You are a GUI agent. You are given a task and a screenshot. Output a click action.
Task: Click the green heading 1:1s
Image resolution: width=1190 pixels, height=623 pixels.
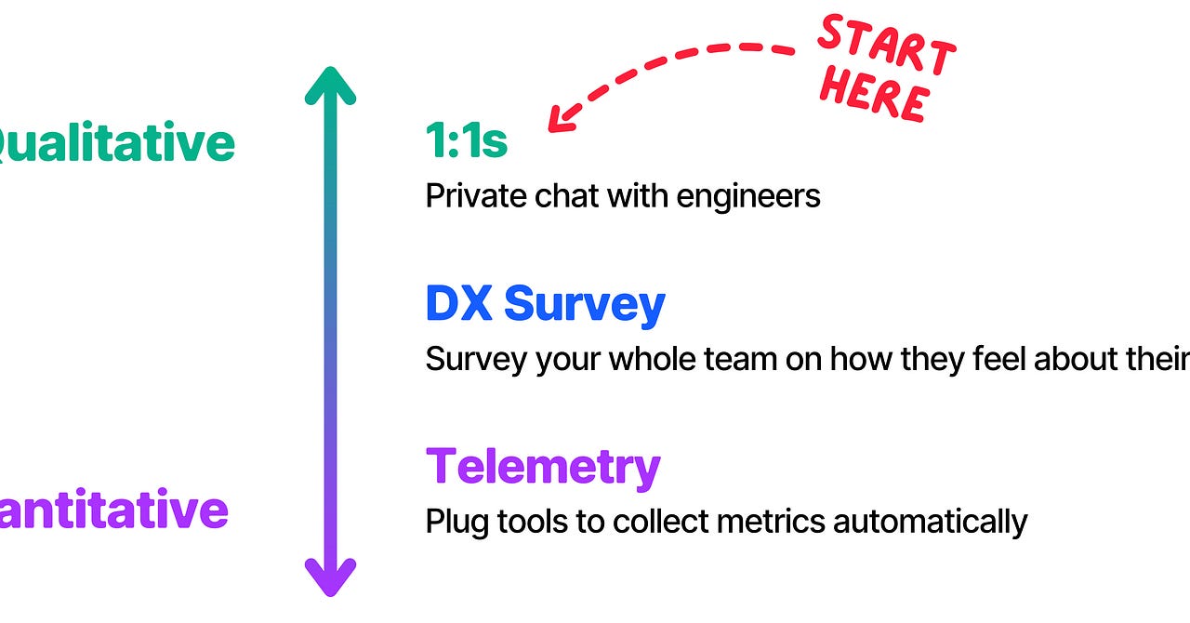pyautogui.click(x=467, y=141)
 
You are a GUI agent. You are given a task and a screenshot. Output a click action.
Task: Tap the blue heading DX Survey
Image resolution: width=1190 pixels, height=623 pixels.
pyautogui.click(x=545, y=304)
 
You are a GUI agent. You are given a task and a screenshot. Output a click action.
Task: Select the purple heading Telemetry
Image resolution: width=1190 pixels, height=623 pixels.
pyautogui.click(x=543, y=466)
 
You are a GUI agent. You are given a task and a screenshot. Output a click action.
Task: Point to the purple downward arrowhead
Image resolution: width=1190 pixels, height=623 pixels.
pyautogui.click(x=330, y=577)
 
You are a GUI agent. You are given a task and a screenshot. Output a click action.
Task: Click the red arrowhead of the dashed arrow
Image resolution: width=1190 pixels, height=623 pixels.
pyautogui.click(x=562, y=117)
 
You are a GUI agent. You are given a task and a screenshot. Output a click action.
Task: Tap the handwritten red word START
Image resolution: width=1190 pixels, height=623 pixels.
pyautogui.click(x=886, y=46)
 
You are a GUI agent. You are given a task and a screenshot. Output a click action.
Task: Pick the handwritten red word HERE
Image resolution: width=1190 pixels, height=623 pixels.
pyautogui.click(x=875, y=96)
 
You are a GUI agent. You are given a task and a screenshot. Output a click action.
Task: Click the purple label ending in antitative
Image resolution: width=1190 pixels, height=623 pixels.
pyautogui.click(x=112, y=510)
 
